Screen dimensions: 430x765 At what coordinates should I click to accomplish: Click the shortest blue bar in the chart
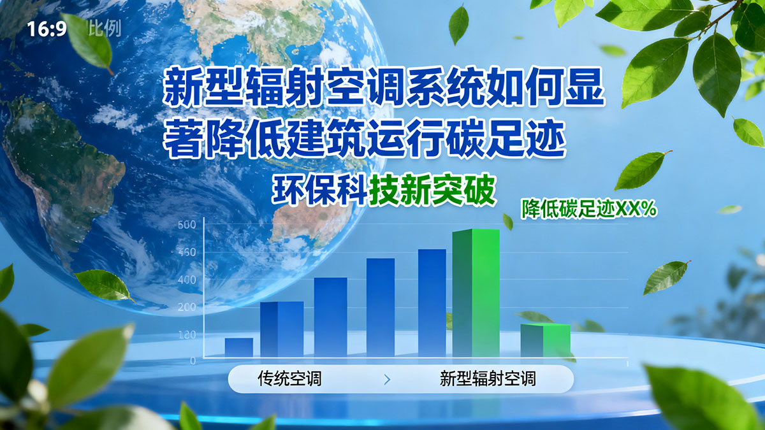(239, 347)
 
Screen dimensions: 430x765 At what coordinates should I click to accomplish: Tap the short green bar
(545, 340)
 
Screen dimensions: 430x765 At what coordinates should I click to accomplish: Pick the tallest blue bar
(432, 303)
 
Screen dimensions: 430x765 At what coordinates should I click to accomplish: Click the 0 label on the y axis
(192, 361)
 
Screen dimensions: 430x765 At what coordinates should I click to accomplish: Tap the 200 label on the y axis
(187, 307)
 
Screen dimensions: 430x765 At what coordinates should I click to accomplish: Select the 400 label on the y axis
(187, 280)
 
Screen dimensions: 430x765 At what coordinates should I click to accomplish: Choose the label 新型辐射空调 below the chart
(488, 380)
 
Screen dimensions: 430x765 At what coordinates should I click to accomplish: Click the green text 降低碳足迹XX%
(589, 210)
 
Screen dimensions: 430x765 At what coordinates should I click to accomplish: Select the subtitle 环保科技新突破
(384, 189)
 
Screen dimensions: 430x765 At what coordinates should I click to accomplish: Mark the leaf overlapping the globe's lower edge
(103, 285)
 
